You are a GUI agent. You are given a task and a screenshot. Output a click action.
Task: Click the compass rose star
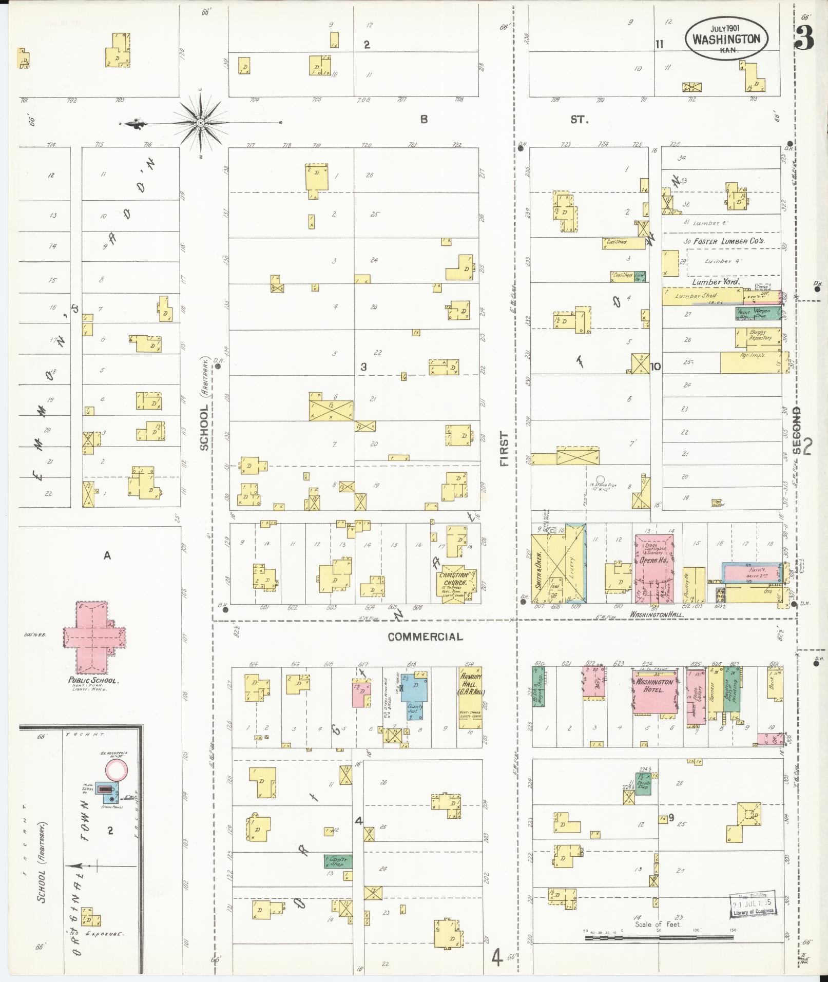201,123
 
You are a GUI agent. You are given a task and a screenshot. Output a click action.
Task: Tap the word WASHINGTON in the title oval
726,39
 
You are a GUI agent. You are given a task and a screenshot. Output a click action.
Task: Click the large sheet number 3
804,37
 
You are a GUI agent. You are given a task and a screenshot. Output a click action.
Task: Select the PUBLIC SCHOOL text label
94,681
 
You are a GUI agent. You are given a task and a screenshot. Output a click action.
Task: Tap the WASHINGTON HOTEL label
654,686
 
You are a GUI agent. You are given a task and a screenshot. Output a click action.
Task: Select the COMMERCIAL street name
425,637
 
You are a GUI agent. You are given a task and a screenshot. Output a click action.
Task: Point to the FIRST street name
504,449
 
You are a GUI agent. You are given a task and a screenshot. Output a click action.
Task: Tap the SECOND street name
796,430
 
